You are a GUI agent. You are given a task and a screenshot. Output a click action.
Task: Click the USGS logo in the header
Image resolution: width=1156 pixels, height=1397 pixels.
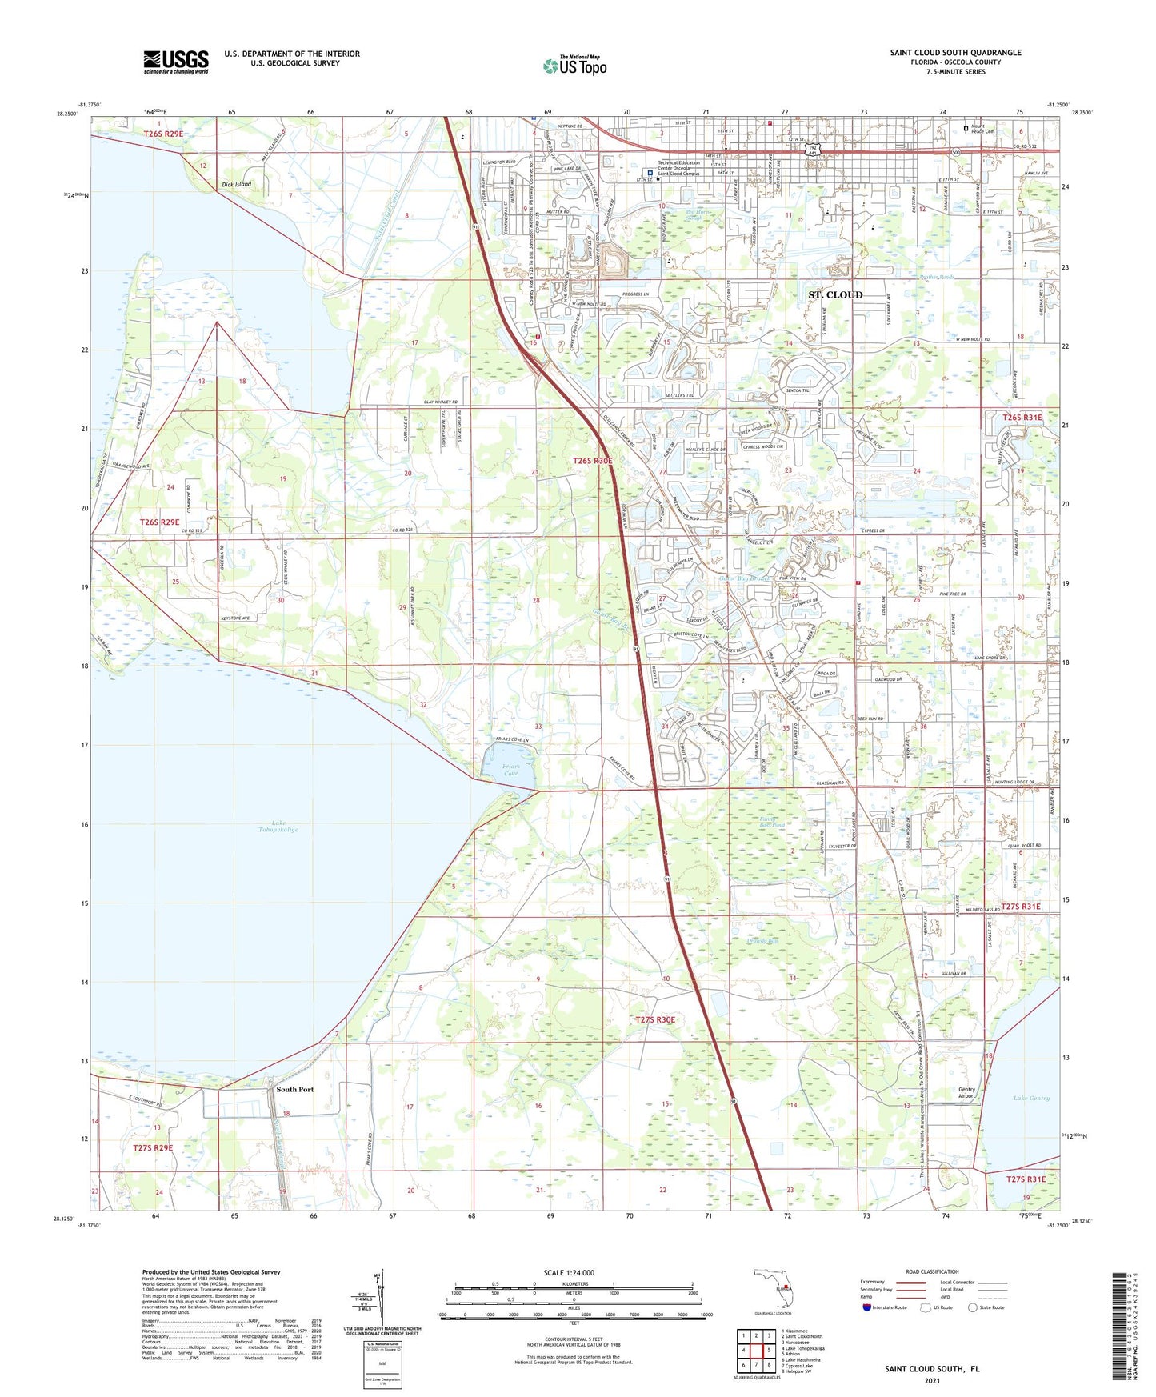pyautogui.click(x=176, y=62)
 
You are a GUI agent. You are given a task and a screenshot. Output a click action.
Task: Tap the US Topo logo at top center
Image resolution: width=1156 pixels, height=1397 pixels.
pyautogui.click(x=574, y=66)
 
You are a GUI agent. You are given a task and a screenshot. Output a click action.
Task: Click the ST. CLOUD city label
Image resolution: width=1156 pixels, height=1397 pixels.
pyautogui.click(x=834, y=294)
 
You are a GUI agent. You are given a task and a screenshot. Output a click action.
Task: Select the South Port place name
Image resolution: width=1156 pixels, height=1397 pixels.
pyautogui.click(x=294, y=1089)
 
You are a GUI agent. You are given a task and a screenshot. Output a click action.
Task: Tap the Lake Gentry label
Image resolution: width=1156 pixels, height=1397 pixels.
pyautogui.click(x=1030, y=1098)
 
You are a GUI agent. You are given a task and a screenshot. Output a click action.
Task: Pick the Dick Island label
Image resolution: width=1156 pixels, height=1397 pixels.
pyautogui.click(x=236, y=184)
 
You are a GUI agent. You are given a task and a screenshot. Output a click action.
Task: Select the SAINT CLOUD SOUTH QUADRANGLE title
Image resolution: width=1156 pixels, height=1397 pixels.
pyautogui.click(x=955, y=53)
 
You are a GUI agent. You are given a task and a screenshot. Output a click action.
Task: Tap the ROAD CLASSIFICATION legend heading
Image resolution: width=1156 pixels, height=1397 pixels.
pyautogui.click(x=932, y=1271)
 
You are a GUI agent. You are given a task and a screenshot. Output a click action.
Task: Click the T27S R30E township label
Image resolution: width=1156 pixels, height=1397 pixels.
pyautogui.click(x=655, y=1019)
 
